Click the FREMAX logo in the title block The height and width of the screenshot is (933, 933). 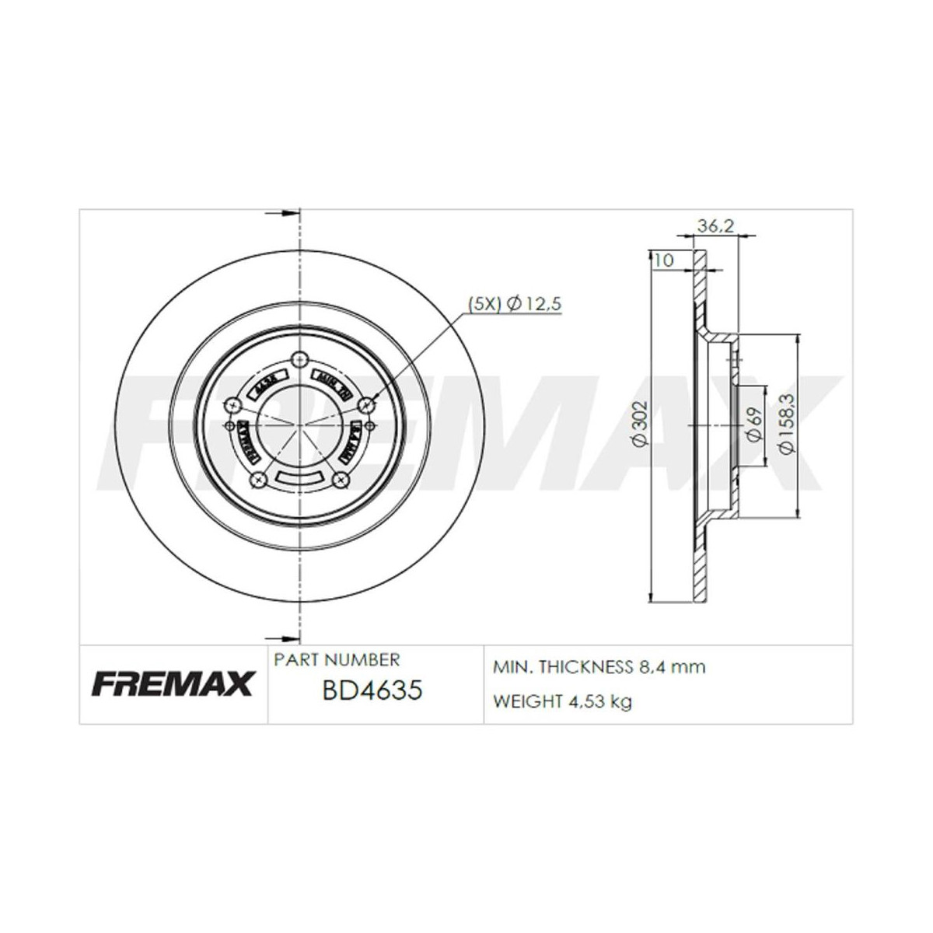pos(173,684)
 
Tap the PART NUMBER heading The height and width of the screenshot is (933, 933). pos(337,659)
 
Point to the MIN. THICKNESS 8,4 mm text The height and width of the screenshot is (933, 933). pos(599,666)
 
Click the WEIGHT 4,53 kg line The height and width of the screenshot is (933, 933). pos(562,701)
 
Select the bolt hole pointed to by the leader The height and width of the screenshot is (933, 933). pos(368,402)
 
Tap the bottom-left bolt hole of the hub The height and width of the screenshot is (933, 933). pos(257,480)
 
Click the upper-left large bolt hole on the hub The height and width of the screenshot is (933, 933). pos(231,404)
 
